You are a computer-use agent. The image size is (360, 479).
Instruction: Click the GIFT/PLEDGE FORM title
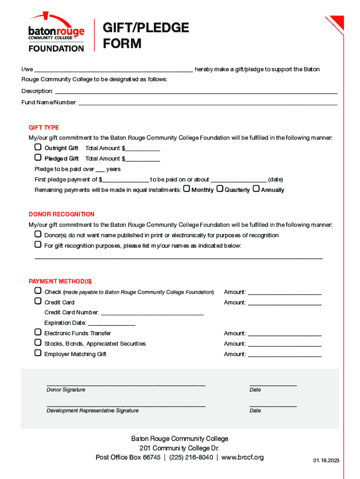(x=145, y=36)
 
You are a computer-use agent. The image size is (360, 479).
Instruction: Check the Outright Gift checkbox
(x=38, y=147)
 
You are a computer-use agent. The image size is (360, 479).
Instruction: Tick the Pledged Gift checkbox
(x=38, y=158)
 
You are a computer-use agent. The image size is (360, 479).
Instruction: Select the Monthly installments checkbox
(x=187, y=189)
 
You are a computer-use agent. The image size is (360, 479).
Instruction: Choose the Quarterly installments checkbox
(x=219, y=189)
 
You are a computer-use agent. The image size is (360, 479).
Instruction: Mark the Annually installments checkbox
(x=256, y=189)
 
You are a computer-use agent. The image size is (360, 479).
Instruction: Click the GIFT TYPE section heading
(x=44, y=128)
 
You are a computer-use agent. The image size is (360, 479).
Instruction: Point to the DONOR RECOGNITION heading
(x=61, y=214)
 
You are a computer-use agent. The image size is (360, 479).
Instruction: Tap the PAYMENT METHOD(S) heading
(x=60, y=282)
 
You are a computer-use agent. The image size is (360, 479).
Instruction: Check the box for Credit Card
(x=38, y=302)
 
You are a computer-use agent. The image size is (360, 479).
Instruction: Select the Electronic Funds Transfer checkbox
(x=38, y=333)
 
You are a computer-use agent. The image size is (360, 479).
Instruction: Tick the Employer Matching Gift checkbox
(x=38, y=353)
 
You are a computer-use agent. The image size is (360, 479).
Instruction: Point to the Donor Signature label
(x=66, y=390)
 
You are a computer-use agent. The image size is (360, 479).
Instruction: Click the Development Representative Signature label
(x=93, y=411)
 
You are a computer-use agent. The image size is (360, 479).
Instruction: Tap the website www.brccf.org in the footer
(x=242, y=457)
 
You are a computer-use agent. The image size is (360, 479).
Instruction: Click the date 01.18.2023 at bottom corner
(x=326, y=461)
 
